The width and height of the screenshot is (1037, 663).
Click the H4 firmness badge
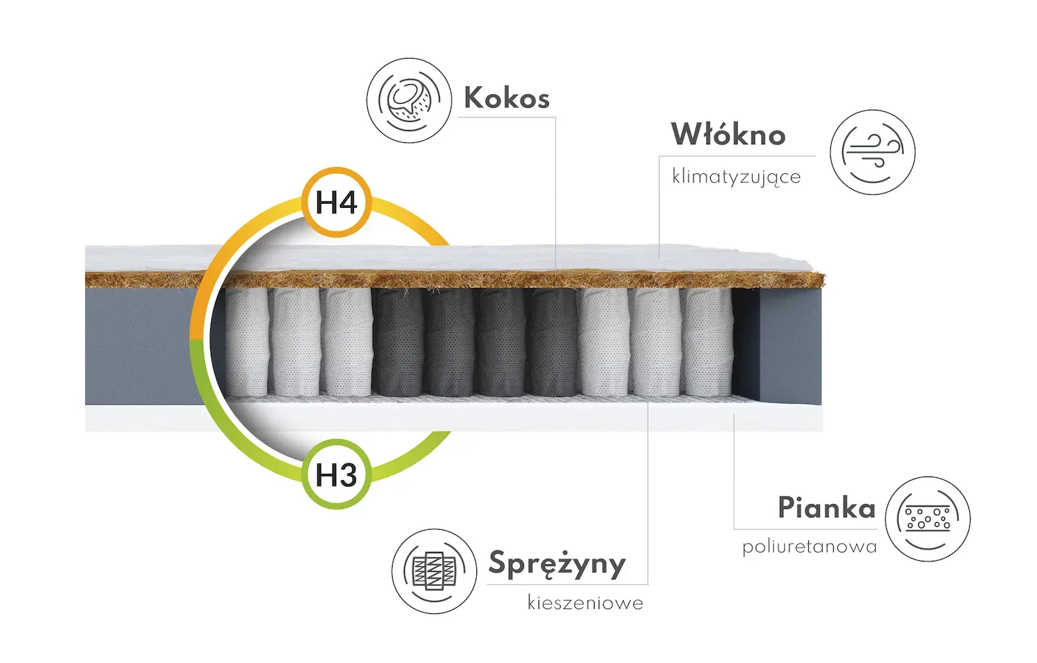[x=336, y=203]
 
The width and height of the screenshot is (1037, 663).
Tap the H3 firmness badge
[x=336, y=475]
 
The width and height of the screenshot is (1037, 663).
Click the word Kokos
[x=507, y=98]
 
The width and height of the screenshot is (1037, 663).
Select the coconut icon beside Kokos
[x=409, y=101]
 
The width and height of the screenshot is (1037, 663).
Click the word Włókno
[x=728, y=135]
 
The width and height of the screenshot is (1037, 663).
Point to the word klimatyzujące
[x=736, y=177]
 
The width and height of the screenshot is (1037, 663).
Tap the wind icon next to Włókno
[x=872, y=152]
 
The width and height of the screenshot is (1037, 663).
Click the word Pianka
[x=826, y=508]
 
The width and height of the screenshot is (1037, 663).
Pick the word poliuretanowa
[x=810, y=547]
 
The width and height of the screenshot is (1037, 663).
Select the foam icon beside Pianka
[x=927, y=519]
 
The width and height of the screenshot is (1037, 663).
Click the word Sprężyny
[x=557, y=564]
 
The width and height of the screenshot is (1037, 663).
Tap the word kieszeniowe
[x=586, y=603]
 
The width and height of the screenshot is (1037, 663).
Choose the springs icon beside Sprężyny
[x=434, y=571]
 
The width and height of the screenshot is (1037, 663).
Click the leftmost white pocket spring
[x=246, y=342]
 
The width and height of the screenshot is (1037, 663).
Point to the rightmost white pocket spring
[x=707, y=342]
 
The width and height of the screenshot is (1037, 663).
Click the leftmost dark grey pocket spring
[x=398, y=342]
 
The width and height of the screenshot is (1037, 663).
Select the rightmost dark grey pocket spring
[x=553, y=342]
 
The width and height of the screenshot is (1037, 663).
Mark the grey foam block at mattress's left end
[x=138, y=345]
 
